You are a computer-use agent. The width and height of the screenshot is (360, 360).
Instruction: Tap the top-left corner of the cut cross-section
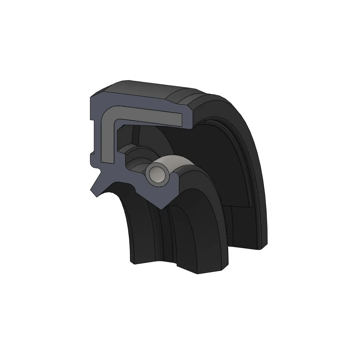click(x=90, y=95)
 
